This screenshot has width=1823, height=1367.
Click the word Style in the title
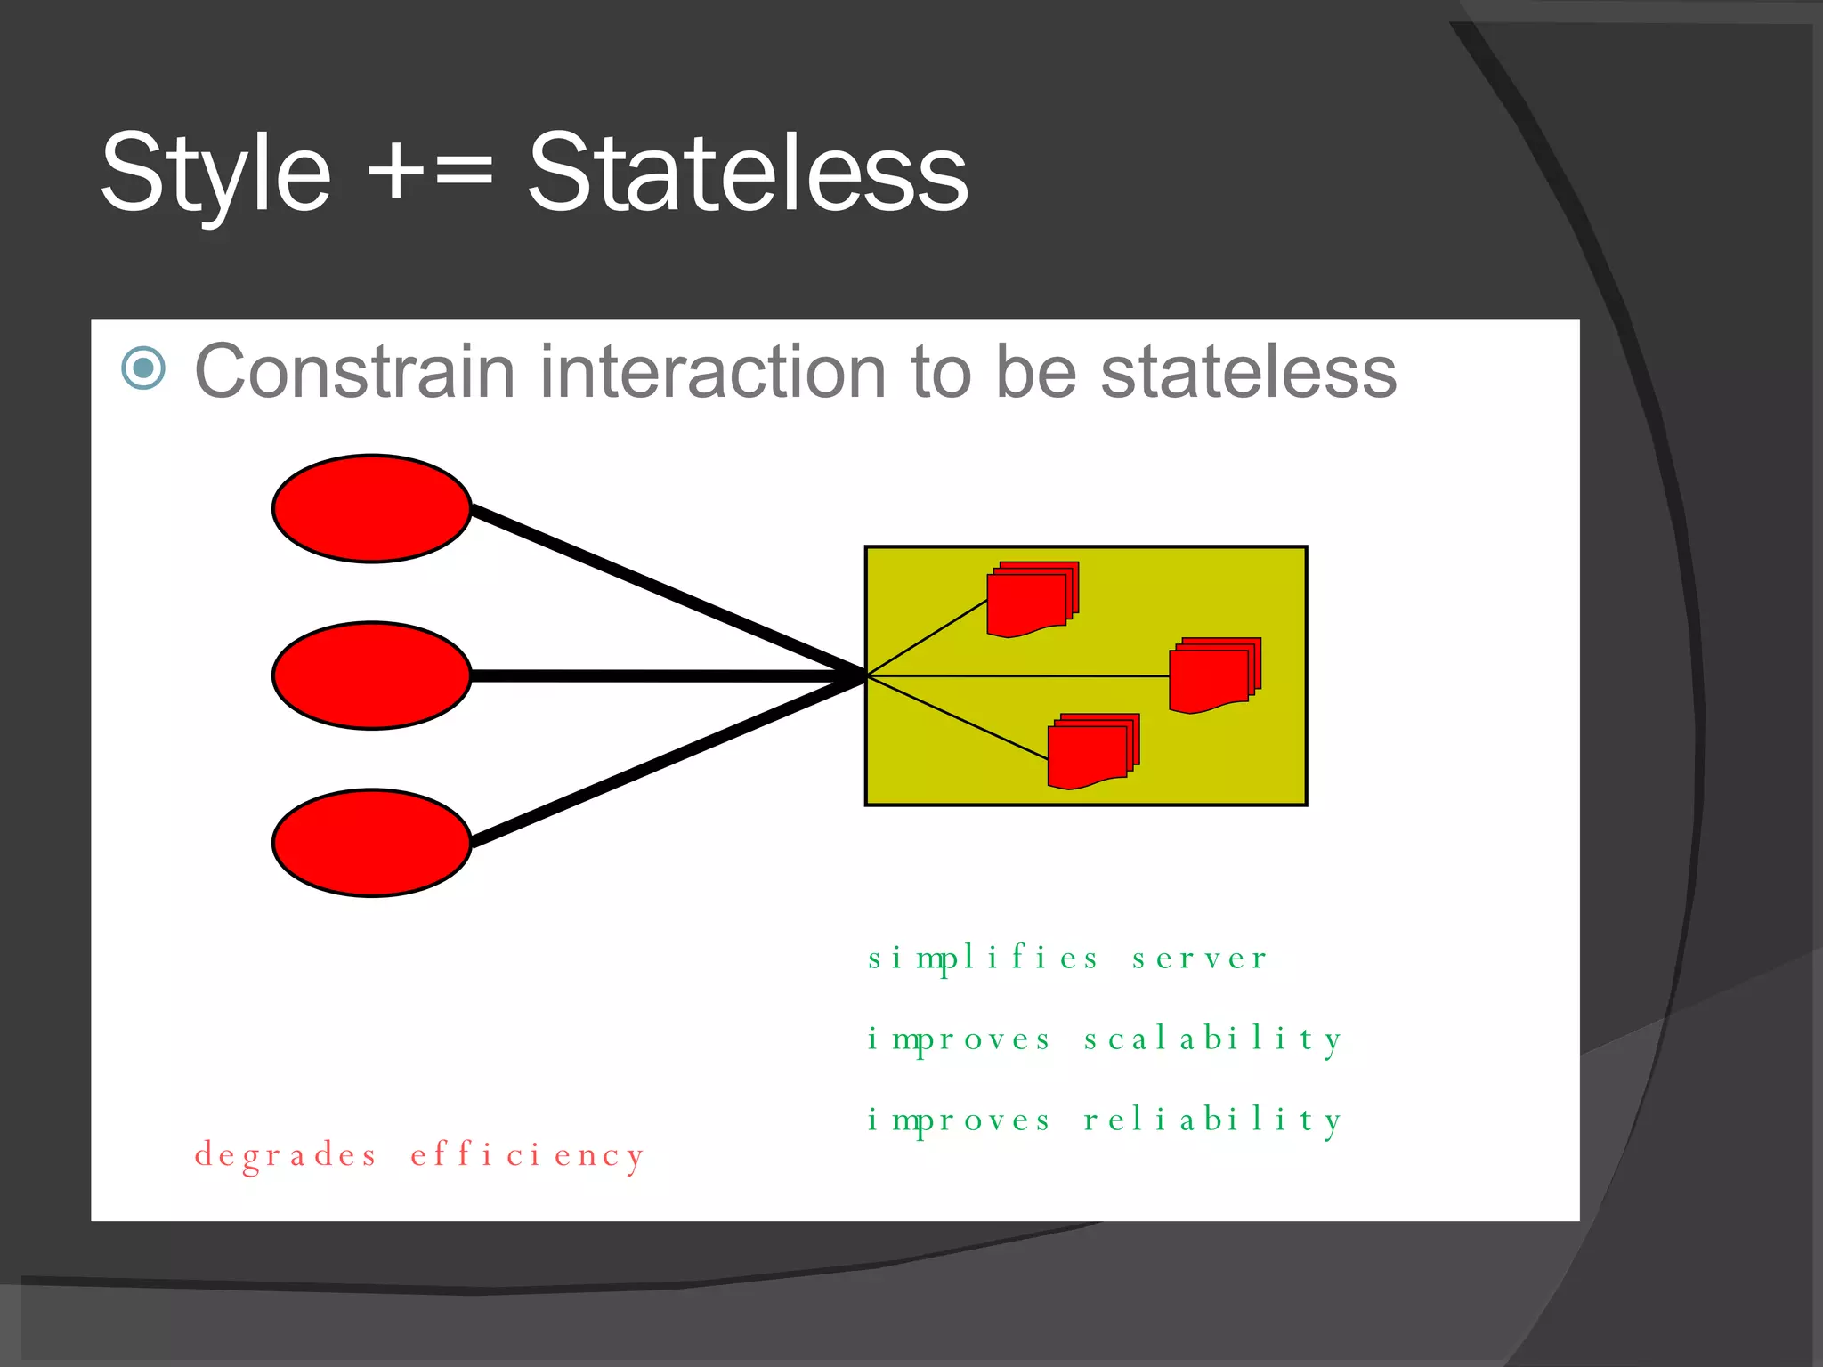[x=215, y=174]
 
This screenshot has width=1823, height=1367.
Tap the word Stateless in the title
[x=748, y=174]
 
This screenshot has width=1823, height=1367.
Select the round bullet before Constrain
[x=143, y=368]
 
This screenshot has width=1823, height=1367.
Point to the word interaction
[x=712, y=372]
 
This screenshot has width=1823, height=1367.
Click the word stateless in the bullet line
[x=1248, y=372]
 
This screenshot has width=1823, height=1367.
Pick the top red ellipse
[x=371, y=509]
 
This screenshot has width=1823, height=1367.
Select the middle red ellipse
[x=371, y=675]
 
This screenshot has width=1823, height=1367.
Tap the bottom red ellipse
[x=371, y=843]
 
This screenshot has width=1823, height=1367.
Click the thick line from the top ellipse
[x=668, y=592]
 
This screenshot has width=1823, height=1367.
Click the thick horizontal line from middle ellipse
[x=668, y=676]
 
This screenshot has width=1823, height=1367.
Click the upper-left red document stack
[x=1031, y=601]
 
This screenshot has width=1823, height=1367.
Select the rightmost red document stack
[x=1213, y=676]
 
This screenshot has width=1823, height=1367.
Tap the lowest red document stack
[x=1091, y=753]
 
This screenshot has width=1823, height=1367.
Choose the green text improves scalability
[x=1104, y=1039]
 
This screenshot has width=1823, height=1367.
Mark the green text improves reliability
[x=1104, y=1120]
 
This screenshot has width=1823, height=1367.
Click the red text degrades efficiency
[x=418, y=1155]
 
